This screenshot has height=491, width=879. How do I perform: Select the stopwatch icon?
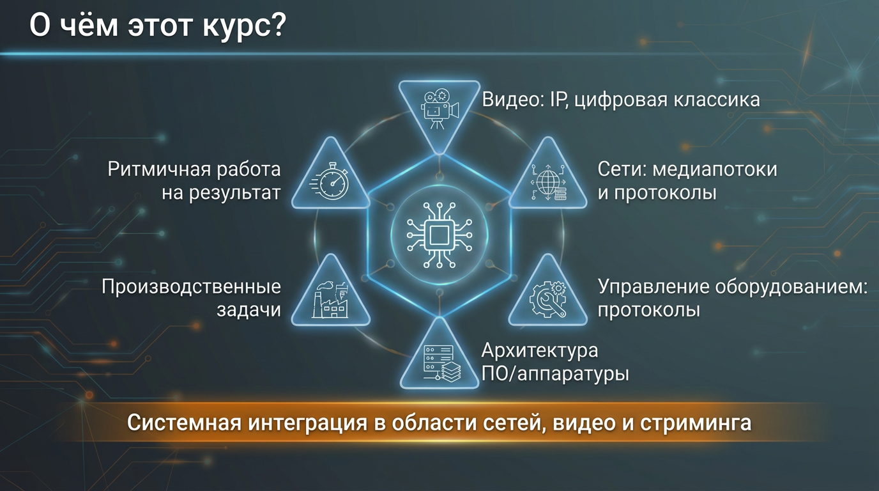point(331,182)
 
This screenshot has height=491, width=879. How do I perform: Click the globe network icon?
point(548,182)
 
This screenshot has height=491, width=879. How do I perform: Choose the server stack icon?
point(439,361)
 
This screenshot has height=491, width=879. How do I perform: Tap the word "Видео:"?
point(508,100)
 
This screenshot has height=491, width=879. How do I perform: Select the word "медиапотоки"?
point(714,169)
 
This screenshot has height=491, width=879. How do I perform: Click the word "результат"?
point(235,192)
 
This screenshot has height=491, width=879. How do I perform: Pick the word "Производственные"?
point(192,287)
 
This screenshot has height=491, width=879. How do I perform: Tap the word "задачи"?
point(249,310)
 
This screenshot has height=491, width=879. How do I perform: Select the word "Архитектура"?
point(540,351)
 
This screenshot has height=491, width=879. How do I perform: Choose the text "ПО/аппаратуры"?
point(555,373)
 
